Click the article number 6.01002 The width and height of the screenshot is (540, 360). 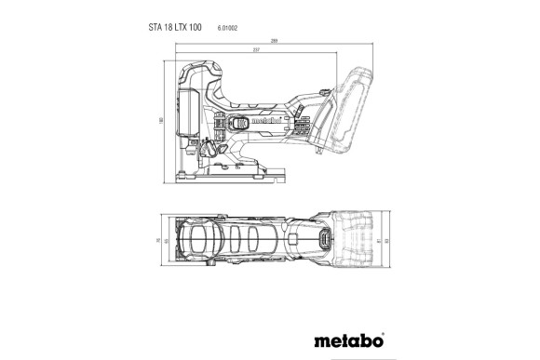[229, 29]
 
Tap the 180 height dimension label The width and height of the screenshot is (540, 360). [161, 120]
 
